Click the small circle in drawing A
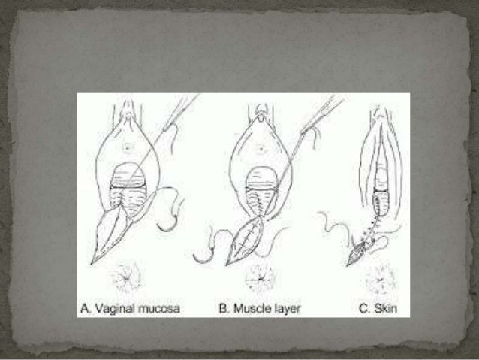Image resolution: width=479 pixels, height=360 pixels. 127,149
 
